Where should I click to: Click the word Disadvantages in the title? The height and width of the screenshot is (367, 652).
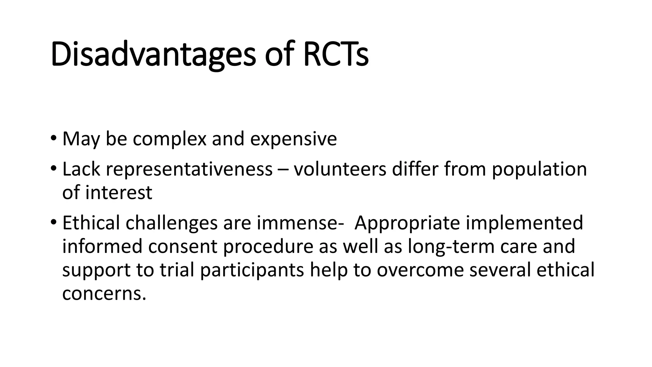(x=153, y=54)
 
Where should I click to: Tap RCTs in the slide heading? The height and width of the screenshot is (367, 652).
(x=336, y=54)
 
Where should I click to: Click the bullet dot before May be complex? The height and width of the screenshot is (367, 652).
(x=53, y=138)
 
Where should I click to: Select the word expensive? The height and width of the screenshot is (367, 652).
(x=293, y=139)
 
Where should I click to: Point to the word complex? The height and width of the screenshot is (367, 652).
(x=169, y=139)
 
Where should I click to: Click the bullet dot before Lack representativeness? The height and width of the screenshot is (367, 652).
(x=53, y=168)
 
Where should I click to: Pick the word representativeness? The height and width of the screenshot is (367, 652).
(x=189, y=169)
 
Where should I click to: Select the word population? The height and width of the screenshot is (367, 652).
(x=539, y=169)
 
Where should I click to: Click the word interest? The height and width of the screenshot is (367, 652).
(x=118, y=193)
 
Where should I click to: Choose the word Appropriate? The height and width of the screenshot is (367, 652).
(x=407, y=223)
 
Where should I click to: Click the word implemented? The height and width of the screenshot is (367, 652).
(x=524, y=223)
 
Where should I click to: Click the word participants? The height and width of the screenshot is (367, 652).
(x=252, y=270)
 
